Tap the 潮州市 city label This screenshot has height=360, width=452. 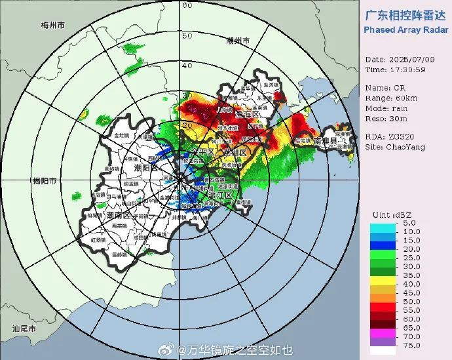point(238,41)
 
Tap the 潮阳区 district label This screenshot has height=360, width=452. point(145,169)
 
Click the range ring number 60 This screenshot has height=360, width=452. point(186,6)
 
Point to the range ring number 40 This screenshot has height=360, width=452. point(186,66)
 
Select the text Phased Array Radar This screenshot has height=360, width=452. point(406,30)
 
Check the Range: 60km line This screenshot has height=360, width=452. point(390,97)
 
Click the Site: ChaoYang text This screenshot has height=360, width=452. point(395,147)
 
